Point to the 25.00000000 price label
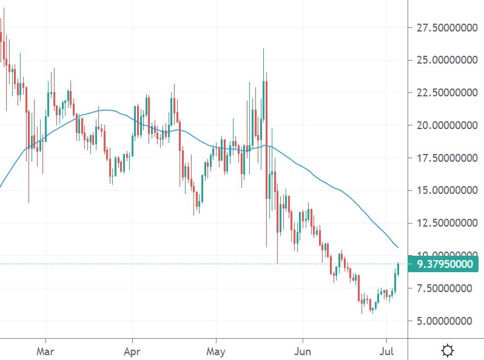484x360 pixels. (x=445, y=60)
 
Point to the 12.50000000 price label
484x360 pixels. (x=445, y=224)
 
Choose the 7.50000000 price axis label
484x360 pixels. (x=445, y=288)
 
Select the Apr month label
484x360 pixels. (x=132, y=350)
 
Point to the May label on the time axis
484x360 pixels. (x=216, y=350)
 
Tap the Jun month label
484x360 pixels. (x=301, y=350)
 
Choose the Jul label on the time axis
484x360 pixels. (x=386, y=350)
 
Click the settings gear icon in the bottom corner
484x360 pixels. (x=448, y=350)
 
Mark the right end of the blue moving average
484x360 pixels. (x=398, y=247)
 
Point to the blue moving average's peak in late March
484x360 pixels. (x=106, y=110)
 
